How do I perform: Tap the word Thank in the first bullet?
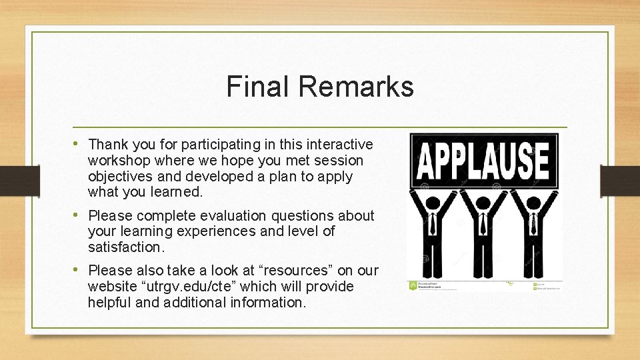(107, 144)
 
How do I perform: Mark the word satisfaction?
(125, 247)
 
